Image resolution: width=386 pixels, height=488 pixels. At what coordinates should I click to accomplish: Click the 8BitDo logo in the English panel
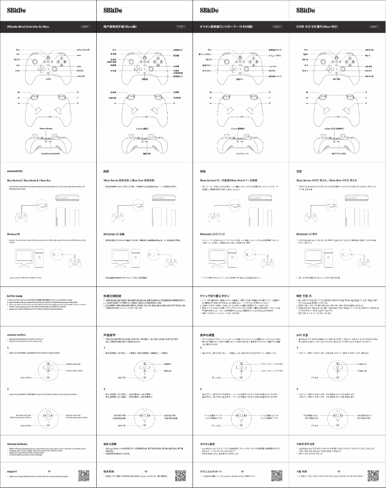pyautogui.click(x=17, y=10)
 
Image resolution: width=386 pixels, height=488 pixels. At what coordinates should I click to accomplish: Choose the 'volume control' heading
pyautogui.click(x=18, y=334)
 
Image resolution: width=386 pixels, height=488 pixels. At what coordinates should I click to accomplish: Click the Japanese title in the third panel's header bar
pyautogui.click(x=223, y=28)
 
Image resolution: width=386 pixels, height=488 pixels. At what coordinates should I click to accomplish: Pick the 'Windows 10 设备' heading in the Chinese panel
pyautogui.click(x=116, y=233)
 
